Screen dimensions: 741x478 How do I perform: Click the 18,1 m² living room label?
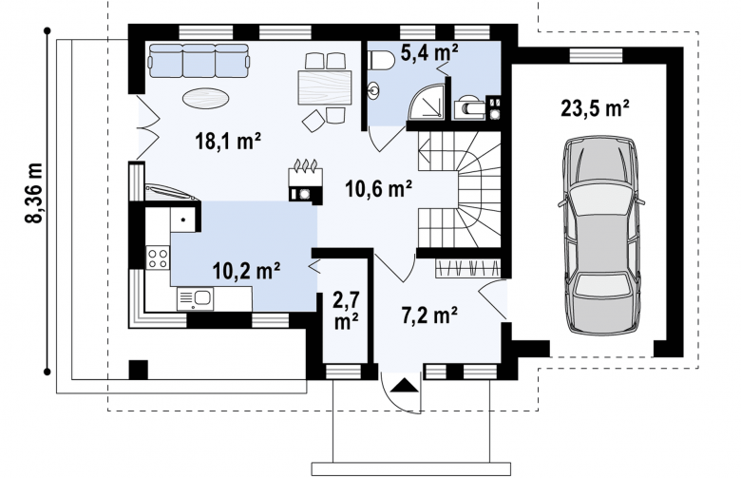[228, 141]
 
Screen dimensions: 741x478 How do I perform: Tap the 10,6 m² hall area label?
[378, 189]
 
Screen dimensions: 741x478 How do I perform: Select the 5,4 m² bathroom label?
[429, 52]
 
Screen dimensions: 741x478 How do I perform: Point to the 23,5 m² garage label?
[595, 108]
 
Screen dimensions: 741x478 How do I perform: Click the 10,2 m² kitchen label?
[246, 271]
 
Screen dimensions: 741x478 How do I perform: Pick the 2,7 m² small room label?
[347, 311]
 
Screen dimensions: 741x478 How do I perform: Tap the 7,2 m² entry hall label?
[429, 315]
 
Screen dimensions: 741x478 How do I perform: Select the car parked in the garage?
[600, 236]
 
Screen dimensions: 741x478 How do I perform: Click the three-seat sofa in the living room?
[199, 61]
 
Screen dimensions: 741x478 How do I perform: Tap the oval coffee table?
[206, 98]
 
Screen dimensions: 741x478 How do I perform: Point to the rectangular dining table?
[325, 87]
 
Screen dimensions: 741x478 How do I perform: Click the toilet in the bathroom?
[381, 61]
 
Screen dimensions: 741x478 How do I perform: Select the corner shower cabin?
[427, 101]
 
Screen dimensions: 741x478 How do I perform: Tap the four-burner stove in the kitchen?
[158, 258]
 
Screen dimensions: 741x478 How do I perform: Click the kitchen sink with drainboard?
[195, 298]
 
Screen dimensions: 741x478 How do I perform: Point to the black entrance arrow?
[405, 385]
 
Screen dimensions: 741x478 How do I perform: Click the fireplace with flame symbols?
[306, 183]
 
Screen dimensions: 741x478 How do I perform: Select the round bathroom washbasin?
[374, 90]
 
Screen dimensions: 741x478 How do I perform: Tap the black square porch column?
[139, 370]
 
